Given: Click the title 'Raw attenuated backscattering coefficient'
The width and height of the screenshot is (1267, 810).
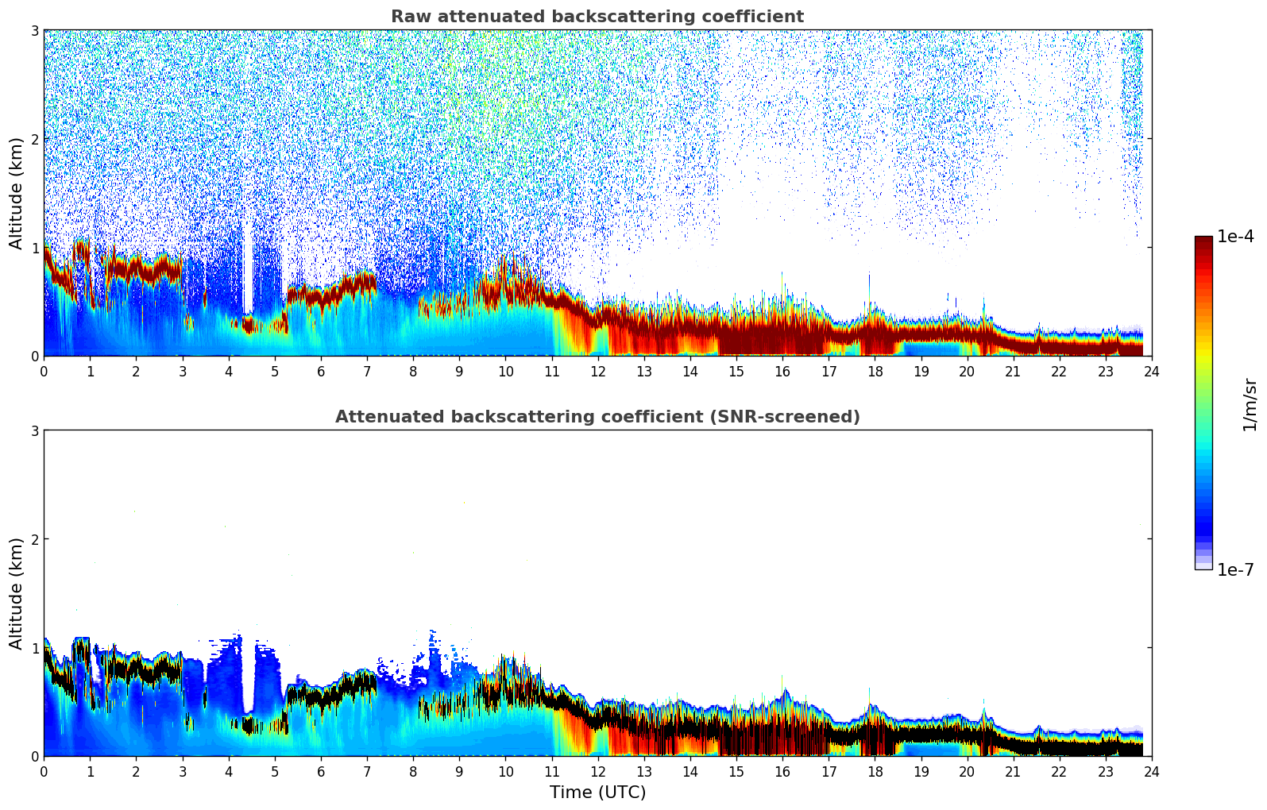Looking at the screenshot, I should point(597,17).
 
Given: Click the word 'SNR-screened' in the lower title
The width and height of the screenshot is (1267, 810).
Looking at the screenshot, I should point(796,417).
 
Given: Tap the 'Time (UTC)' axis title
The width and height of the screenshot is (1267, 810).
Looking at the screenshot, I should point(597,793).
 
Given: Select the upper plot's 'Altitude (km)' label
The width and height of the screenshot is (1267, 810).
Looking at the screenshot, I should point(16,193).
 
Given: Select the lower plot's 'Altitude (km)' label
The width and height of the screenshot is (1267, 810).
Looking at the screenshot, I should point(16,593).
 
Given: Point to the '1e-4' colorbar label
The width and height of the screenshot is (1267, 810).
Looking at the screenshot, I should point(1235,237).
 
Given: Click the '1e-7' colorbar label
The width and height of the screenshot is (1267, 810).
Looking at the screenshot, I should point(1235,569).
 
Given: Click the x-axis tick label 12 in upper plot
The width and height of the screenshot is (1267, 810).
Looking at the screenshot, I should point(597,371).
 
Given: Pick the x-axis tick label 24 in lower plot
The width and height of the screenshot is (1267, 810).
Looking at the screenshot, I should point(1151,771).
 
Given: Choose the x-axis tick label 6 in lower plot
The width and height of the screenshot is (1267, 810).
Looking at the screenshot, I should point(321,771).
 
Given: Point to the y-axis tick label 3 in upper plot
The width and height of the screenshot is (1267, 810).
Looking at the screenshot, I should point(35,30).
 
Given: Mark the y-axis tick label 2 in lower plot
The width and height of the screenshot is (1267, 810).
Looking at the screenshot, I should point(35,539).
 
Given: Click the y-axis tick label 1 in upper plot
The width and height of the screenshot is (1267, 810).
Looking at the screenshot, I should point(35,248).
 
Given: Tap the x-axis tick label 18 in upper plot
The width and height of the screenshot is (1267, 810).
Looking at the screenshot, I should point(875,371).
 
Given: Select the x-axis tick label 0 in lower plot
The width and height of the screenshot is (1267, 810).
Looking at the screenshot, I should point(44,771).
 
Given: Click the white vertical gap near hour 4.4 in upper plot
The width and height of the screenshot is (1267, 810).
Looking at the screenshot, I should point(248,270).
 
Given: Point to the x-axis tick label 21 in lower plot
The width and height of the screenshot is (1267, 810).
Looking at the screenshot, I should point(1013,771).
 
